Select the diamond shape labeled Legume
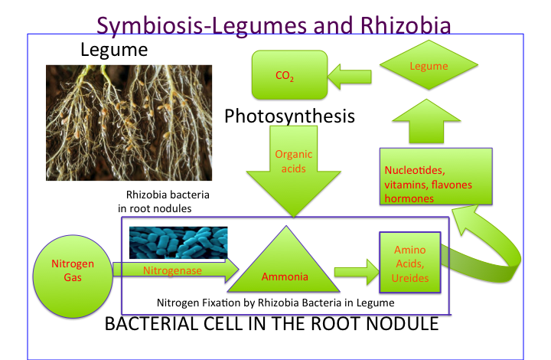[x=429, y=67]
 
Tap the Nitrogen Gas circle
[x=73, y=270]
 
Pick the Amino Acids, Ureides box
[x=409, y=264]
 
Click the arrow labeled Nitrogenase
[x=173, y=270]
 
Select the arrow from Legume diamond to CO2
[x=350, y=74]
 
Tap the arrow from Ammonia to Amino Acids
[x=356, y=270]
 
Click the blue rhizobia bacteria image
[x=178, y=243]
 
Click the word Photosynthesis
[x=289, y=116]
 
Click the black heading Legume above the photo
[x=113, y=52]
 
